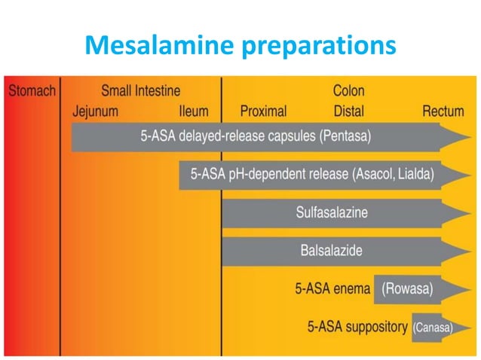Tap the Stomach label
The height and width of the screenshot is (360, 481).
tap(32, 92)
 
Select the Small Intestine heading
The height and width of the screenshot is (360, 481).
tap(141, 91)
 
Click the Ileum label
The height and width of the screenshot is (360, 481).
tap(194, 111)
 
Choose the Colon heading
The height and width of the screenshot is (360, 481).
tap(348, 91)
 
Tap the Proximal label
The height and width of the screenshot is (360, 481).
tap(263, 111)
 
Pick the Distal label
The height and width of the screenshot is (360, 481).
tap(348, 111)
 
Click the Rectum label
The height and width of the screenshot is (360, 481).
tap(443, 111)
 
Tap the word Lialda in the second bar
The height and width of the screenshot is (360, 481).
tap(419, 175)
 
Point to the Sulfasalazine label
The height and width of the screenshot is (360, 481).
tap(332, 213)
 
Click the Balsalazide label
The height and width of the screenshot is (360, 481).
tap(332, 251)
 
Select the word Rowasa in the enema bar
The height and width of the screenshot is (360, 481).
tap(408, 288)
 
